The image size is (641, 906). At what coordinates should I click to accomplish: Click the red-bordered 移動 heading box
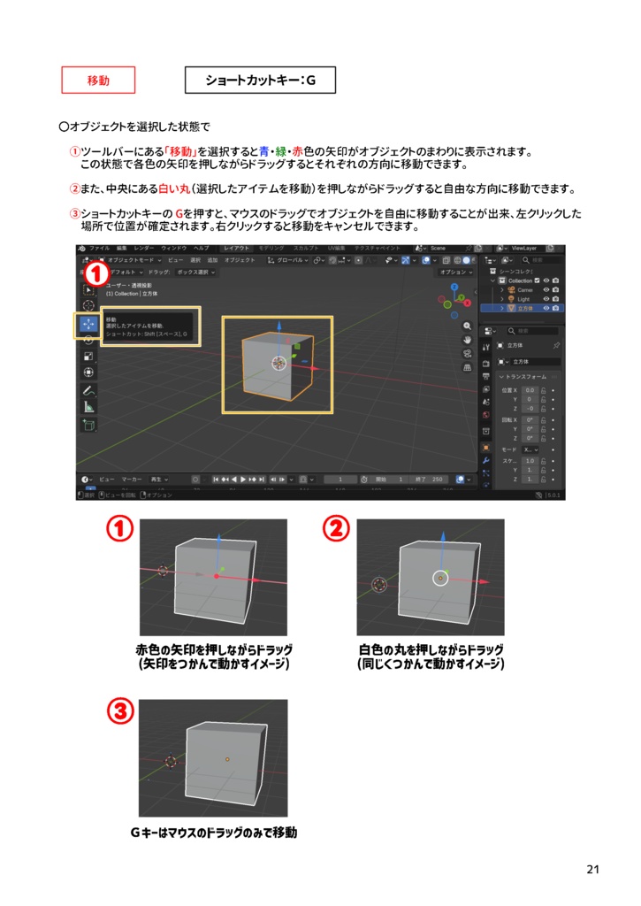98,80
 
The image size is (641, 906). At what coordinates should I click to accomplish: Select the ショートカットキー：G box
260,81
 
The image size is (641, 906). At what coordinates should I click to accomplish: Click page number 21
592,870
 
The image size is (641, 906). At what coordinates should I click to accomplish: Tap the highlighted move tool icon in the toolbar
88,324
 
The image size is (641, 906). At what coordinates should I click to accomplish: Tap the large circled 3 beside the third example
121,710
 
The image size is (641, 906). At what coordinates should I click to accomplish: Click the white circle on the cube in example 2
440,578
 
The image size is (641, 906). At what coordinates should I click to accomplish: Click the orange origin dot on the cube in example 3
227,759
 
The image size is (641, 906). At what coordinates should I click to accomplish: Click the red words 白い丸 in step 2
174,188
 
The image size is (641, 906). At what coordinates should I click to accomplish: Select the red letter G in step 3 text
179,214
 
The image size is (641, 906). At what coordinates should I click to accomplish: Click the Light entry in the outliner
523,299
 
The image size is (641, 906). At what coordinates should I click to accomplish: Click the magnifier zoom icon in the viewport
467,326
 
